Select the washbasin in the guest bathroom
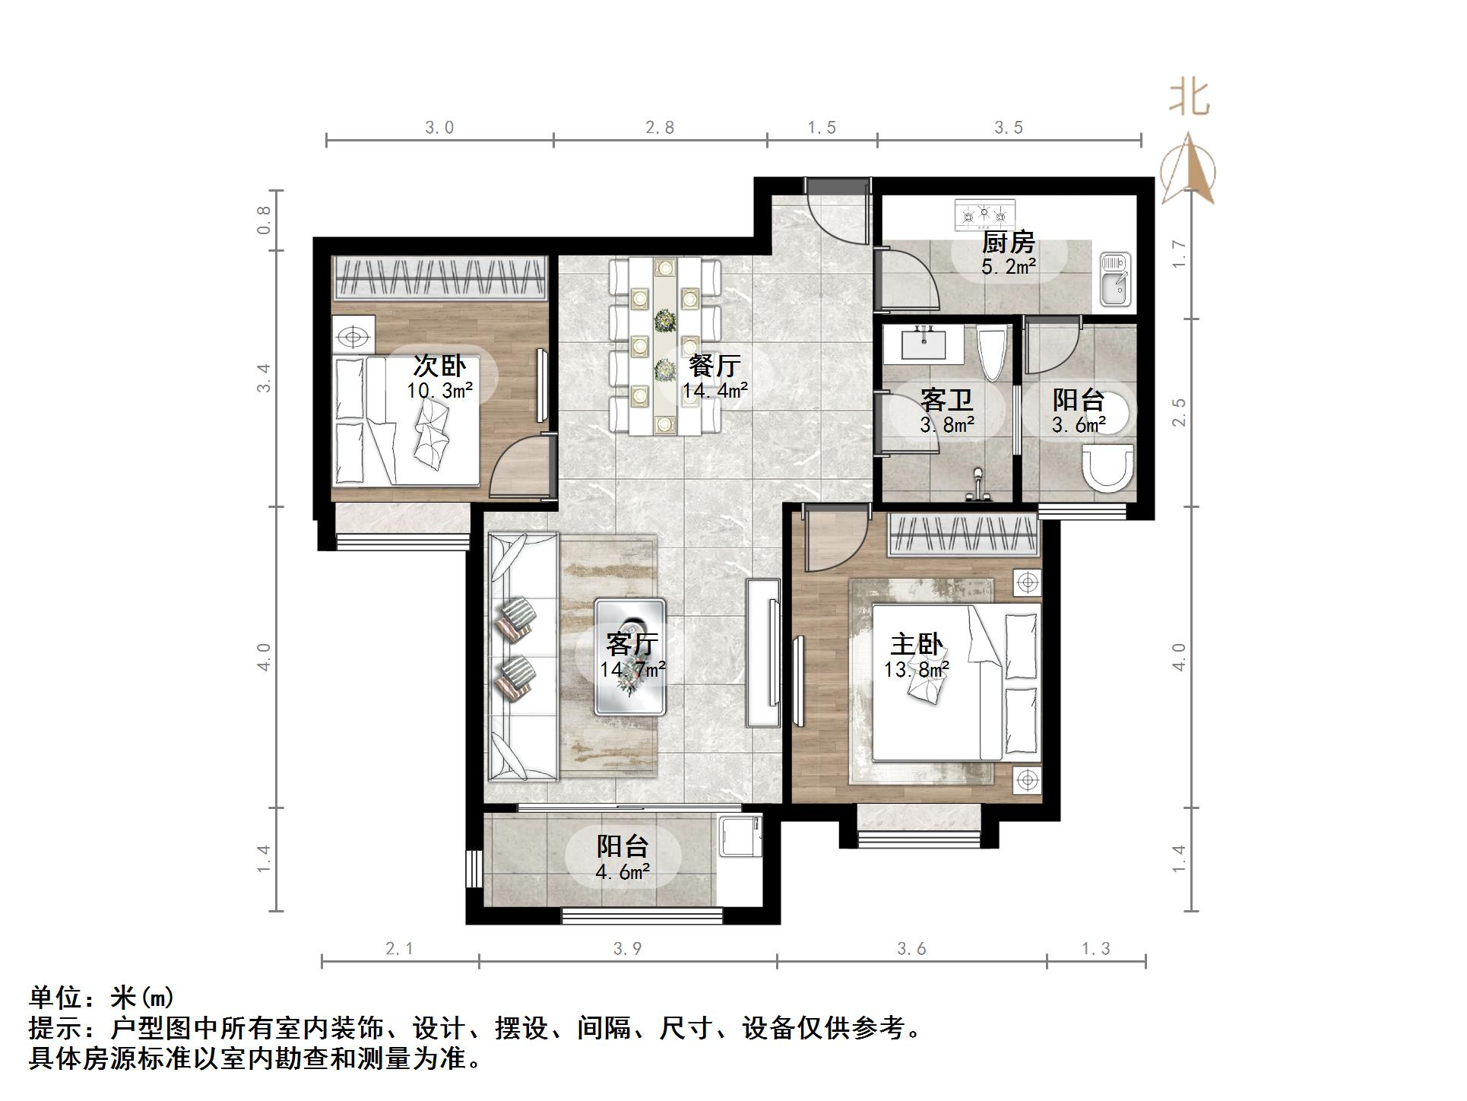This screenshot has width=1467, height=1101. tap(924, 342)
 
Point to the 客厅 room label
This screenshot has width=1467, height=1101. tap(631, 644)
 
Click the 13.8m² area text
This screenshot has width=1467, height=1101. tap(916, 670)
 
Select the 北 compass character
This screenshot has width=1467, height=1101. tap(1190, 99)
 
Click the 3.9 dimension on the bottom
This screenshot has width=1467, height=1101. tap(628, 948)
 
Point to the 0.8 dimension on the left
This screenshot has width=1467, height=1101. tap(264, 220)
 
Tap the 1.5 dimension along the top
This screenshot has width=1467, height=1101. tap(822, 128)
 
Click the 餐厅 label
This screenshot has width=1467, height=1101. tap(714, 366)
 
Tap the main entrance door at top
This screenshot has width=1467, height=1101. tap(836, 214)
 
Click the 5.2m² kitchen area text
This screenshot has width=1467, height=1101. tap(1009, 267)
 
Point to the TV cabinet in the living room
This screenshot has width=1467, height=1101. tap(763, 652)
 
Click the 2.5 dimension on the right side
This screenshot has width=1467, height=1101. tap(1179, 411)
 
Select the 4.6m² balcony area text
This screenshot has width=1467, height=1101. tap(623, 871)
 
